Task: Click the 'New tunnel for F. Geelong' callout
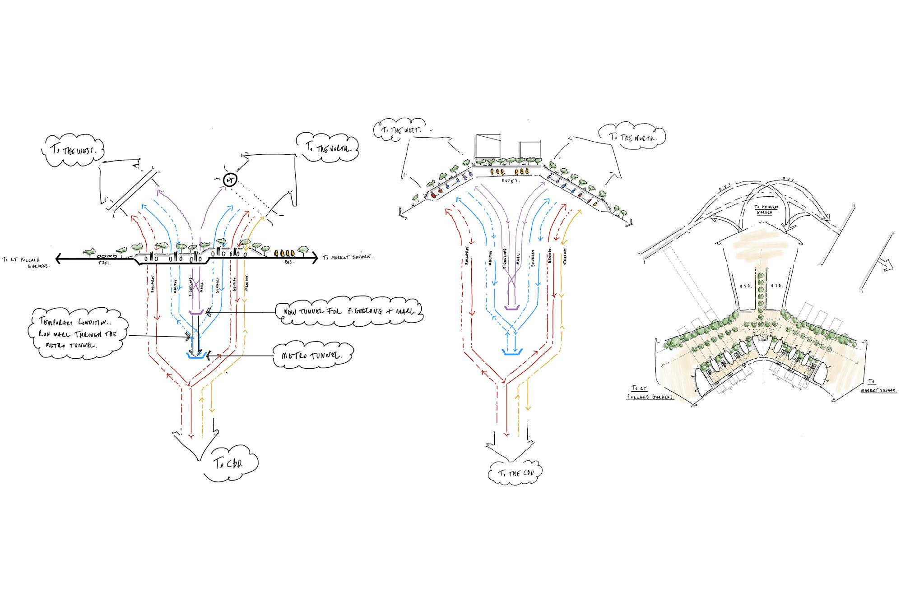coord(351,311)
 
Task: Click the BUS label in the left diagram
coord(288,262)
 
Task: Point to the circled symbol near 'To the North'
coord(230,180)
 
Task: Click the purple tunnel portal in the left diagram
coord(195,311)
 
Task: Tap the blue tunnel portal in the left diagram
coord(196,356)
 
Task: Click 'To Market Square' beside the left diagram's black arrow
coord(347,257)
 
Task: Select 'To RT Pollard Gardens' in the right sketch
coord(650,393)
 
